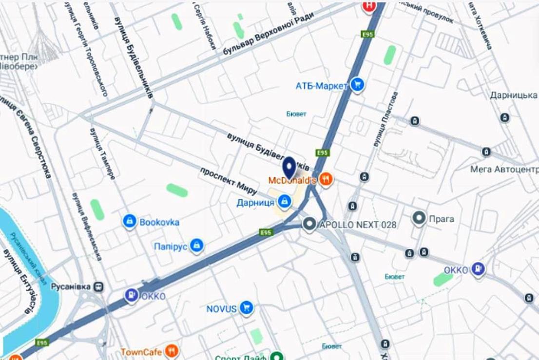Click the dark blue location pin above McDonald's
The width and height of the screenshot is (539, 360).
pyautogui.click(x=290, y=167)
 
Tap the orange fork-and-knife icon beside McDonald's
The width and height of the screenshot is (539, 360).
pyautogui.click(x=327, y=180)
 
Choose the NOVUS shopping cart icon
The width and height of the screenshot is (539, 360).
pyautogui.click(x=247, y=308)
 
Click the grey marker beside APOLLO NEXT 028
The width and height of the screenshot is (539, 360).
pyautogui.click(x=309, y=224)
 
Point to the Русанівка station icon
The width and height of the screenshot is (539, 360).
pyautogui.click(x=99, y=286)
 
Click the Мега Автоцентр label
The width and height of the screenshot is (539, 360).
pyautogui.click(x=504, y=169)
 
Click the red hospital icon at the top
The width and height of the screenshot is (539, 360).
pyautogui.click(x=369, y=6)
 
